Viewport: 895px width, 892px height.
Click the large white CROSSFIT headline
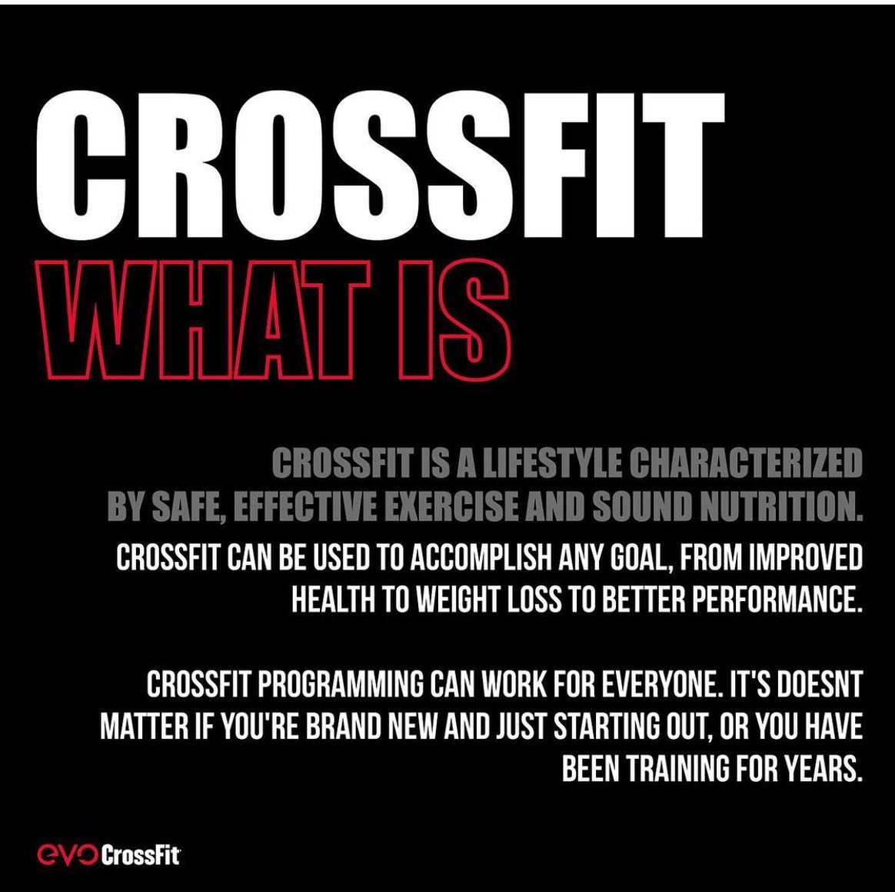[x=380, y=165]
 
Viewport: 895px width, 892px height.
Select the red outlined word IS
[x=453, y=320]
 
